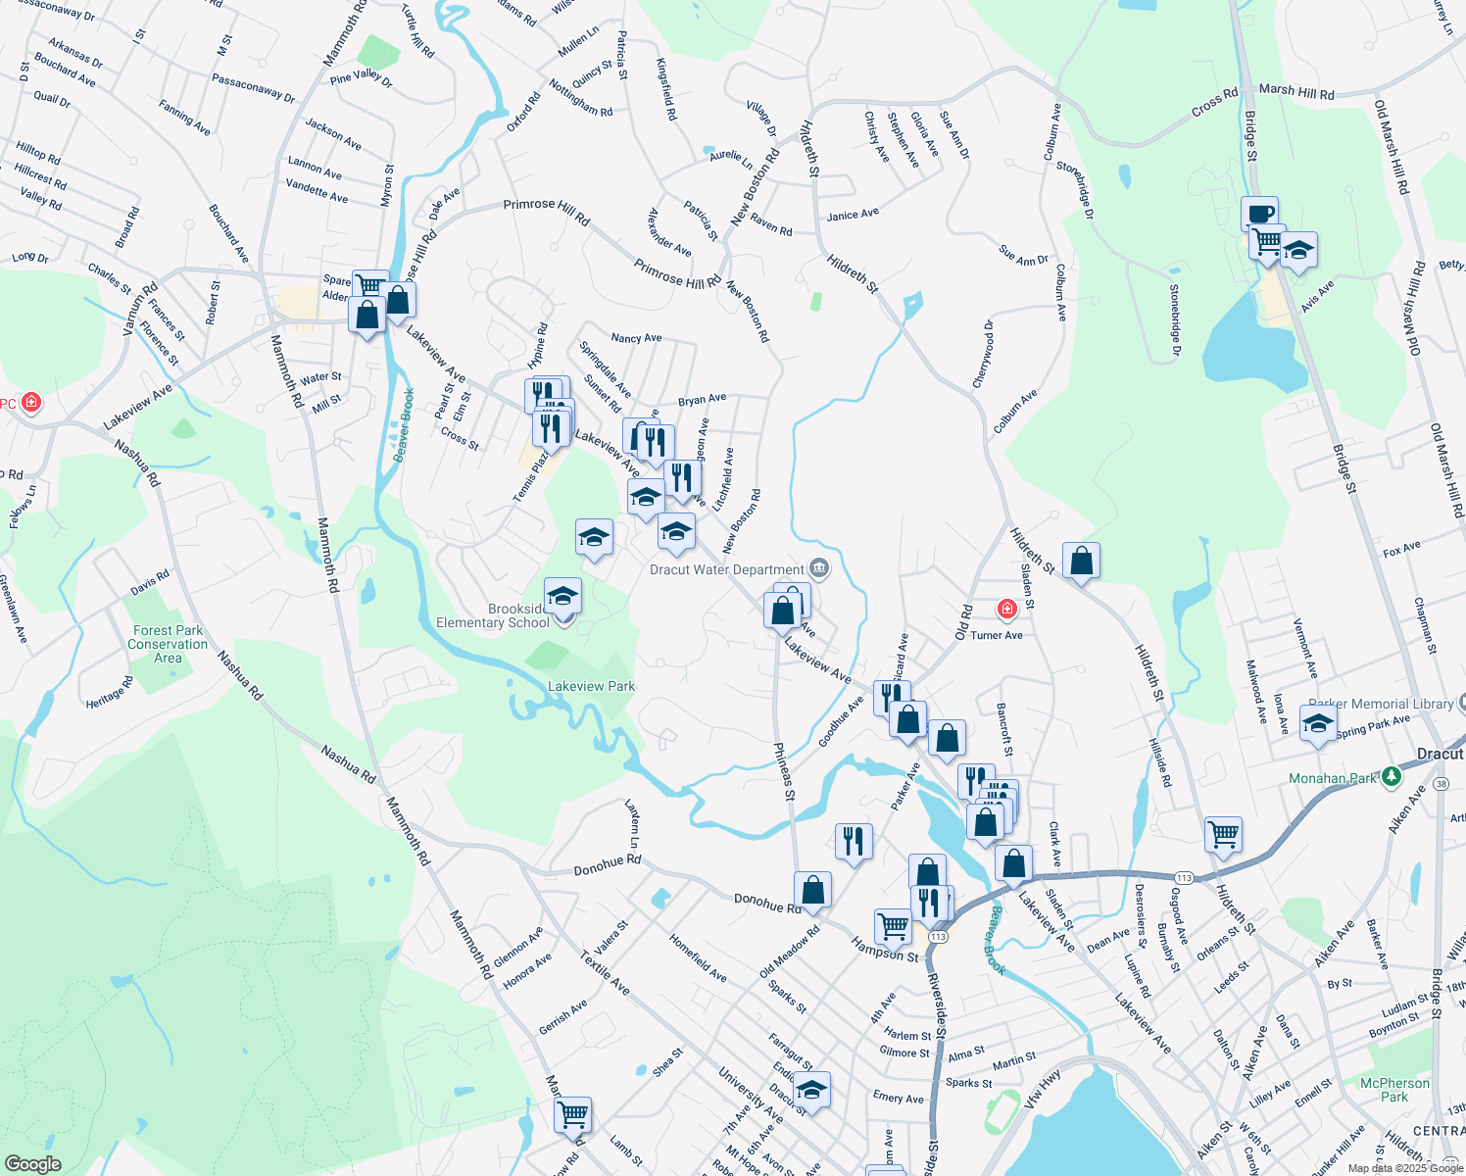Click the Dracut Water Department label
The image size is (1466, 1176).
(x=727, y=569)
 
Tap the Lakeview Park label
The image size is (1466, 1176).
(x=591, y=686)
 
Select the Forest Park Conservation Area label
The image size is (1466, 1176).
(x=168, y=644)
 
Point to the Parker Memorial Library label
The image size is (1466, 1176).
(x=1380, y=704)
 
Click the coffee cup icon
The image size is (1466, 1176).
(x=1259, y=213)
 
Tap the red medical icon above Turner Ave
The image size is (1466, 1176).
(x=1006, y=610)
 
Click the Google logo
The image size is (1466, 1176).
(x=32, y=1163)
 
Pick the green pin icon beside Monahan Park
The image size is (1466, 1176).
(x=1390, y=777)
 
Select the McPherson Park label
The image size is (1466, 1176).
(x=1394, y=1089)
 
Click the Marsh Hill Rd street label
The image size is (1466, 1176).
(x=1296, y=91)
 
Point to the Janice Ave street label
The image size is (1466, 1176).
(x=853, y=215)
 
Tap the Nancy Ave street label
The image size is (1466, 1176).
(x=636, y=338)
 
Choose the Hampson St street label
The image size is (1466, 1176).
(x=885, y=950)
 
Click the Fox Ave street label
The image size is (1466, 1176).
(x=1401, y=550)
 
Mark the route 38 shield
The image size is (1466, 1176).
(x=1441, y=784)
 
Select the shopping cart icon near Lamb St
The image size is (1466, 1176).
(x=572, y=1114)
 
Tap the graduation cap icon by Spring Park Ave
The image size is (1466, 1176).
(x=1318, y=724)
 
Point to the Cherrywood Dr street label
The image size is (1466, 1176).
(x=983, y=354)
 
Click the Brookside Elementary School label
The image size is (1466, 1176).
(x=493, y=615)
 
